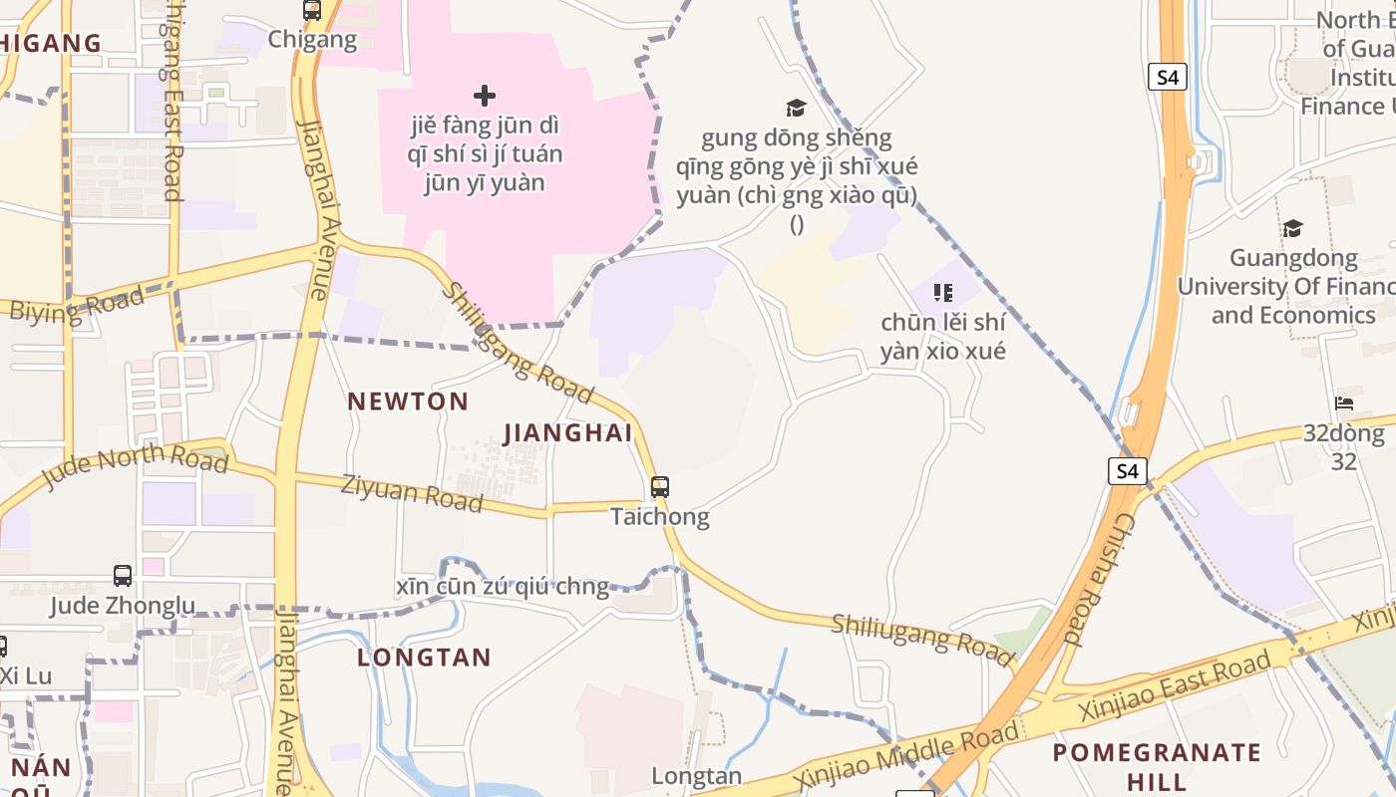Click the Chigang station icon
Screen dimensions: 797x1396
[312, 11]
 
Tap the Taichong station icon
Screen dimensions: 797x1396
[659, 487]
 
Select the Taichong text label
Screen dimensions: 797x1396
[659, 516]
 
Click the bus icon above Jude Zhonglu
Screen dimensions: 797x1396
[123, 576]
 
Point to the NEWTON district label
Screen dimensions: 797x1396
[408, 401]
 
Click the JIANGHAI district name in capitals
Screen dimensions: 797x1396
[567, 433]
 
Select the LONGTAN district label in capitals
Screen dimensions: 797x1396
[424, 658]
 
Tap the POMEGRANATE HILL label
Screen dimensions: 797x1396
[1157, 765]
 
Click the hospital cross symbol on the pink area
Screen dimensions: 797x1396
[485, 96]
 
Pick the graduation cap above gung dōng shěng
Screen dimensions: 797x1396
[796, 108]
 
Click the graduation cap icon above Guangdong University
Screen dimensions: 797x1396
[1292, 228]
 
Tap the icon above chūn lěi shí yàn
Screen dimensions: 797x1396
[942, 293]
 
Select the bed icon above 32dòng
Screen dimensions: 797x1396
[1344, 403]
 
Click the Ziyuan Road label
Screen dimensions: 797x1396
[412, 493]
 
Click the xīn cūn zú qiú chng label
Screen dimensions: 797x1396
[502, 587]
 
